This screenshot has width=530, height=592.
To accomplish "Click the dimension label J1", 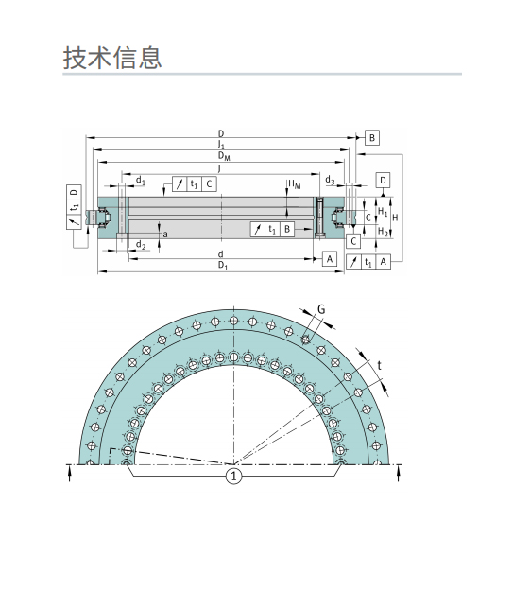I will pyautogui.click(x=221, y=145).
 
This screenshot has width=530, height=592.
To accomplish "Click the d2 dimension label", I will pyautogui.click(x=140, y=245).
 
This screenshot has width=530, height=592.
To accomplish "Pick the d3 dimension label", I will pyautogui.click(x=330, y=179).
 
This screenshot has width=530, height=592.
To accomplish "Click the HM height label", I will pyautogui.click(x=295, y=183).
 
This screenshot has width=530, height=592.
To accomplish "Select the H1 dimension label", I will pyautogui.click(x=383, y=211).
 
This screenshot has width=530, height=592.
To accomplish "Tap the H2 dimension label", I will pyautogui.click(x=383, y=231).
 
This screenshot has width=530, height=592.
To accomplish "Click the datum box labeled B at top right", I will pyautogui.click(x=371, y=138).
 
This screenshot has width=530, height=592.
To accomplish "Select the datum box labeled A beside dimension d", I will pyautogui.click(x=330, y=258).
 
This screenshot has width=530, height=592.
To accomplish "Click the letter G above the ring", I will pyautogui.click(x=320, y=309).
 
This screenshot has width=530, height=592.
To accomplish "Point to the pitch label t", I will pyautogui.click(x=380, y=365).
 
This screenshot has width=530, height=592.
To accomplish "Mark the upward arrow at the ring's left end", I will pyautogui.click(x=71, y=474).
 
